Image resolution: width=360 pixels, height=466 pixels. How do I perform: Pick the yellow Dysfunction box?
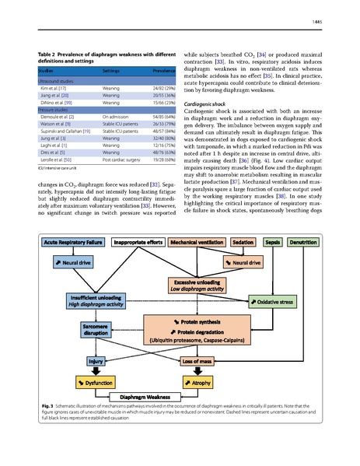tap(96, 383)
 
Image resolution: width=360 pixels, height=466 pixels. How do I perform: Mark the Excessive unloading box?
tap(197, 285)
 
